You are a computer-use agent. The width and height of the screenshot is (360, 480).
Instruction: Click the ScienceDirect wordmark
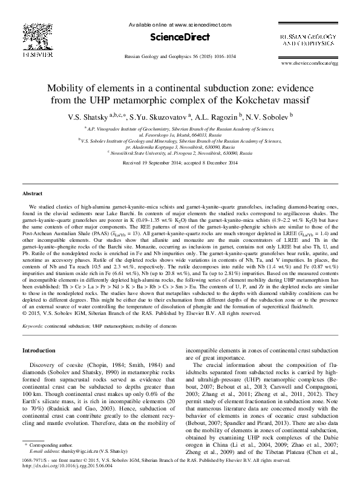click(x=180, y=36)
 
